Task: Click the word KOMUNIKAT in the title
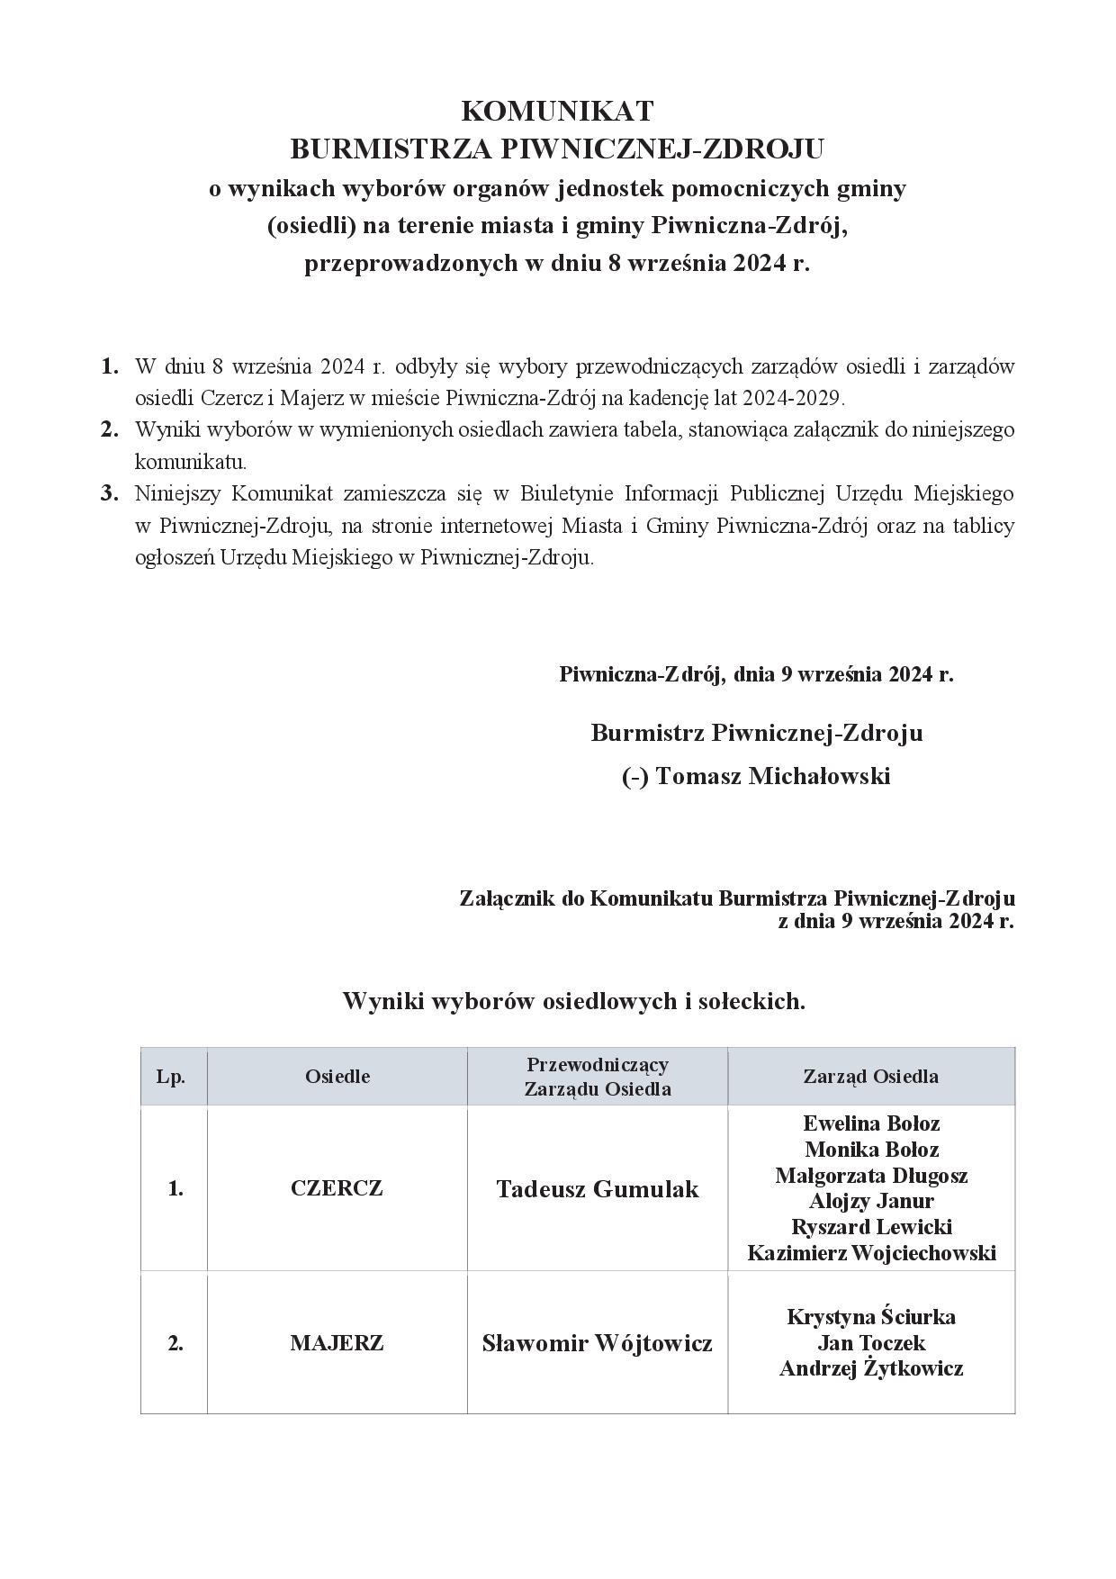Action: tap(557, 111)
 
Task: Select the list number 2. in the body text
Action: tap(110, 429)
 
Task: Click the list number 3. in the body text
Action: tap(110, 493)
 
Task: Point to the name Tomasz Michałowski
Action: tap(773, 776)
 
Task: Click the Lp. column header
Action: tap(171, 1077)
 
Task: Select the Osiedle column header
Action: tap(337, 1077)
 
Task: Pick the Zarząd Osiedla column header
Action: tap(870, 1077)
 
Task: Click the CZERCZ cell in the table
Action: tap(337, 1188)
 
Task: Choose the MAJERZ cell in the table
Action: tap(337, 1343)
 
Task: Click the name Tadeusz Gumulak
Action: tap(598, 1189)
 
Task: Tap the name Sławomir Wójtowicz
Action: tap(598, 1344)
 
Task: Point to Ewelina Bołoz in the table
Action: tap(871, 1123)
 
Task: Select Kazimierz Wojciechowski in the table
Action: tap(871, 1253)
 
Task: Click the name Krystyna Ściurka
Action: tap(871, 1317)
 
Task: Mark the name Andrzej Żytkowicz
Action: tap(871, 1369)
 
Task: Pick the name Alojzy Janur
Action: tap(871, 1201)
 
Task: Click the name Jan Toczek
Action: tap(871, 1343)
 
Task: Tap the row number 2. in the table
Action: tap(175, 1343)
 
